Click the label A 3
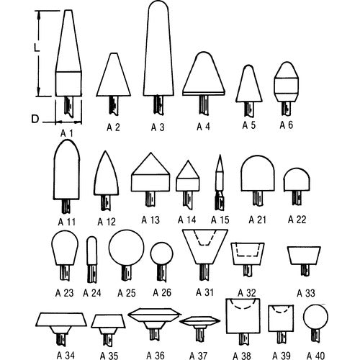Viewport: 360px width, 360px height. (158, 127)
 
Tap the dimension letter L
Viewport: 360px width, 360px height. (37, 48)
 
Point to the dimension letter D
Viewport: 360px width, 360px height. (35, 119)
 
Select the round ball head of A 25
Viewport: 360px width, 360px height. (127, 248)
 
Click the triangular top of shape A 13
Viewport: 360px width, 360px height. (150, 163)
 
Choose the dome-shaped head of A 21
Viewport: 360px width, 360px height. (258, 174)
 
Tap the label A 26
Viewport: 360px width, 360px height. (162, 292)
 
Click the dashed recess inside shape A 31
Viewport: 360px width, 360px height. (205, 238)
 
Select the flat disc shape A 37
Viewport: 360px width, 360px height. (199, 321)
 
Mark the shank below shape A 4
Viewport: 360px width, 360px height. (204, 104)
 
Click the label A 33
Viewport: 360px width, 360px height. (306, 293)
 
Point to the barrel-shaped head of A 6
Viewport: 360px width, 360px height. (286, 81)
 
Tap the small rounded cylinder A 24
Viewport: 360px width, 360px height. (92, 251)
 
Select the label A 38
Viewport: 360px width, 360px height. (242, 356)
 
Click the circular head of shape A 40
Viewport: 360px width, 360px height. (315, 317)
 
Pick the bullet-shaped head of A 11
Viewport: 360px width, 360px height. (66, 169)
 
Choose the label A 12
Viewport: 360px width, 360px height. (107, 222)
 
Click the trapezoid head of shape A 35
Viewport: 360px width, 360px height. (108, 321)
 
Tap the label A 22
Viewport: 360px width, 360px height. (297, 220)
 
